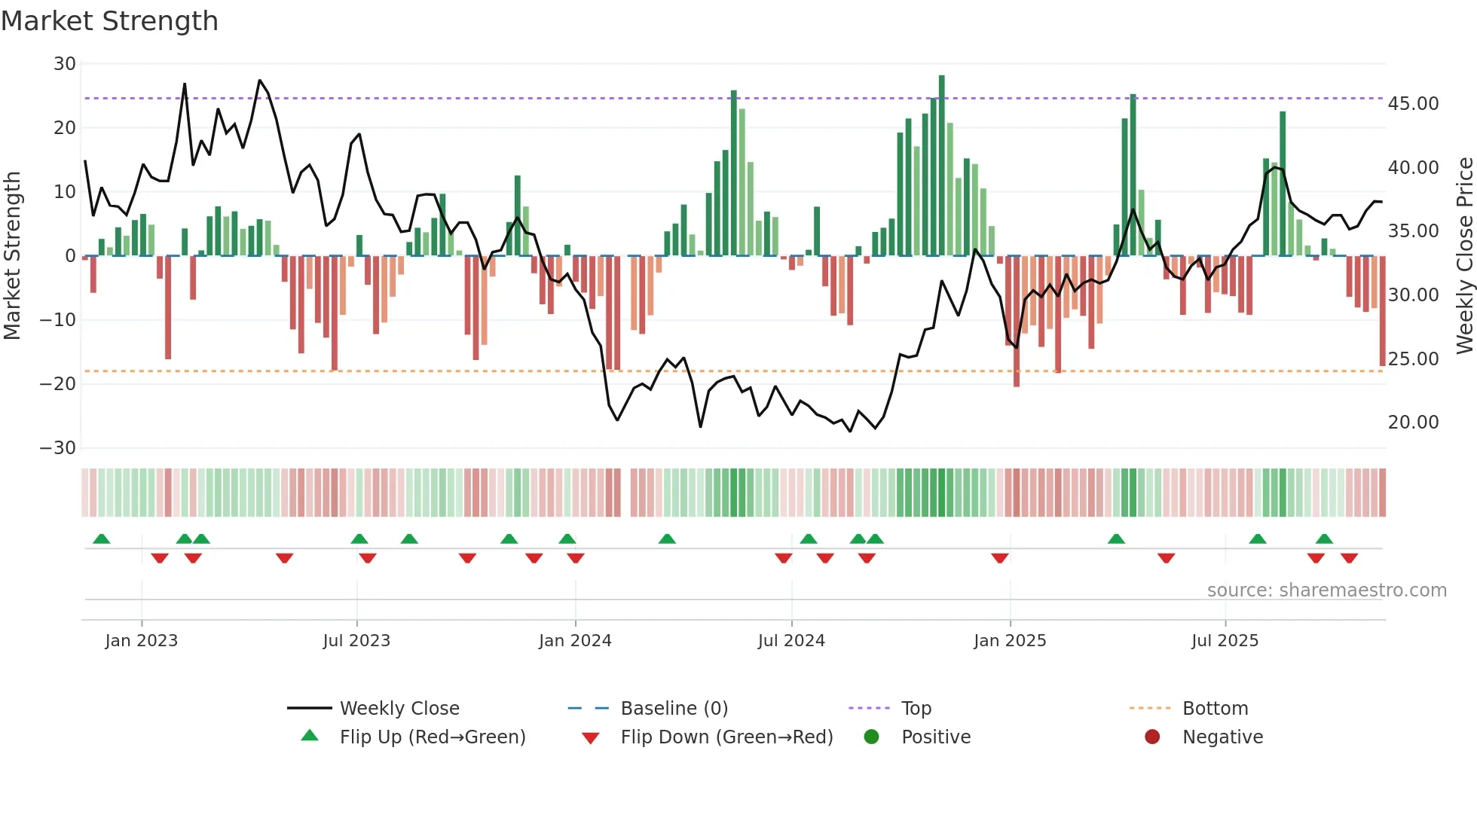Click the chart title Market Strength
point(109,21)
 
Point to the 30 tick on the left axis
point(65,64)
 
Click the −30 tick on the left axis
point(58,448)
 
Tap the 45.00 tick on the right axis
point(1413,104)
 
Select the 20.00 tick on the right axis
point(1413,423)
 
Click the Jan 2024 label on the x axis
point(575,641)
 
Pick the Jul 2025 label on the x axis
point(1225,641)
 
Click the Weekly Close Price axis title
point(1464,256)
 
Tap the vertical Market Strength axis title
point(12,256)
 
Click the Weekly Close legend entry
point(399,709)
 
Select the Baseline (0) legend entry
point(674,709)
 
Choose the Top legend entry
point(916,709)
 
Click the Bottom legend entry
point(1215,709)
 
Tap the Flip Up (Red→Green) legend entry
point(432,737)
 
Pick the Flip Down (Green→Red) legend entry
point(726,737)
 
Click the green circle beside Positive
point(872,737)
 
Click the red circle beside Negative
point(1152,737)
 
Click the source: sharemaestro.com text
point(1326,590)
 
